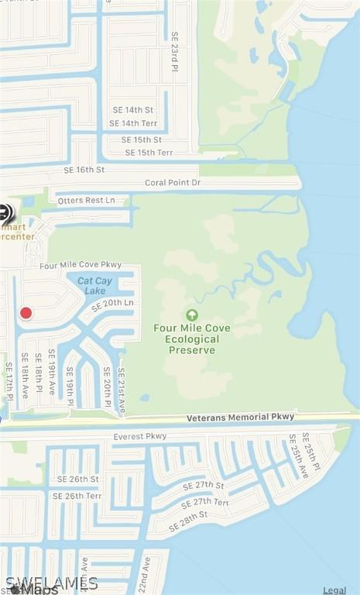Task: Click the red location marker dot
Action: tap(26, 313)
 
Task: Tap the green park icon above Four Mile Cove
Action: tap(191, 315)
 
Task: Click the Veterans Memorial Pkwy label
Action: tap(241, 418)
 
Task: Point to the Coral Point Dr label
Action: tap(173, 183)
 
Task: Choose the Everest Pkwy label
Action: tap(140, 437)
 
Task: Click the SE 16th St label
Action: tap(84, 170)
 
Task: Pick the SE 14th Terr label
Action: tap(135, 123)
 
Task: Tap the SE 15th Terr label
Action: tap(149, 153)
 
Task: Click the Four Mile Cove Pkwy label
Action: tap(81, 265)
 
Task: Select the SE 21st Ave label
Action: tap(122, 390)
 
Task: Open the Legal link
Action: tap(334, 590)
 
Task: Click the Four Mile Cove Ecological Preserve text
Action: tap(191, 339)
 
